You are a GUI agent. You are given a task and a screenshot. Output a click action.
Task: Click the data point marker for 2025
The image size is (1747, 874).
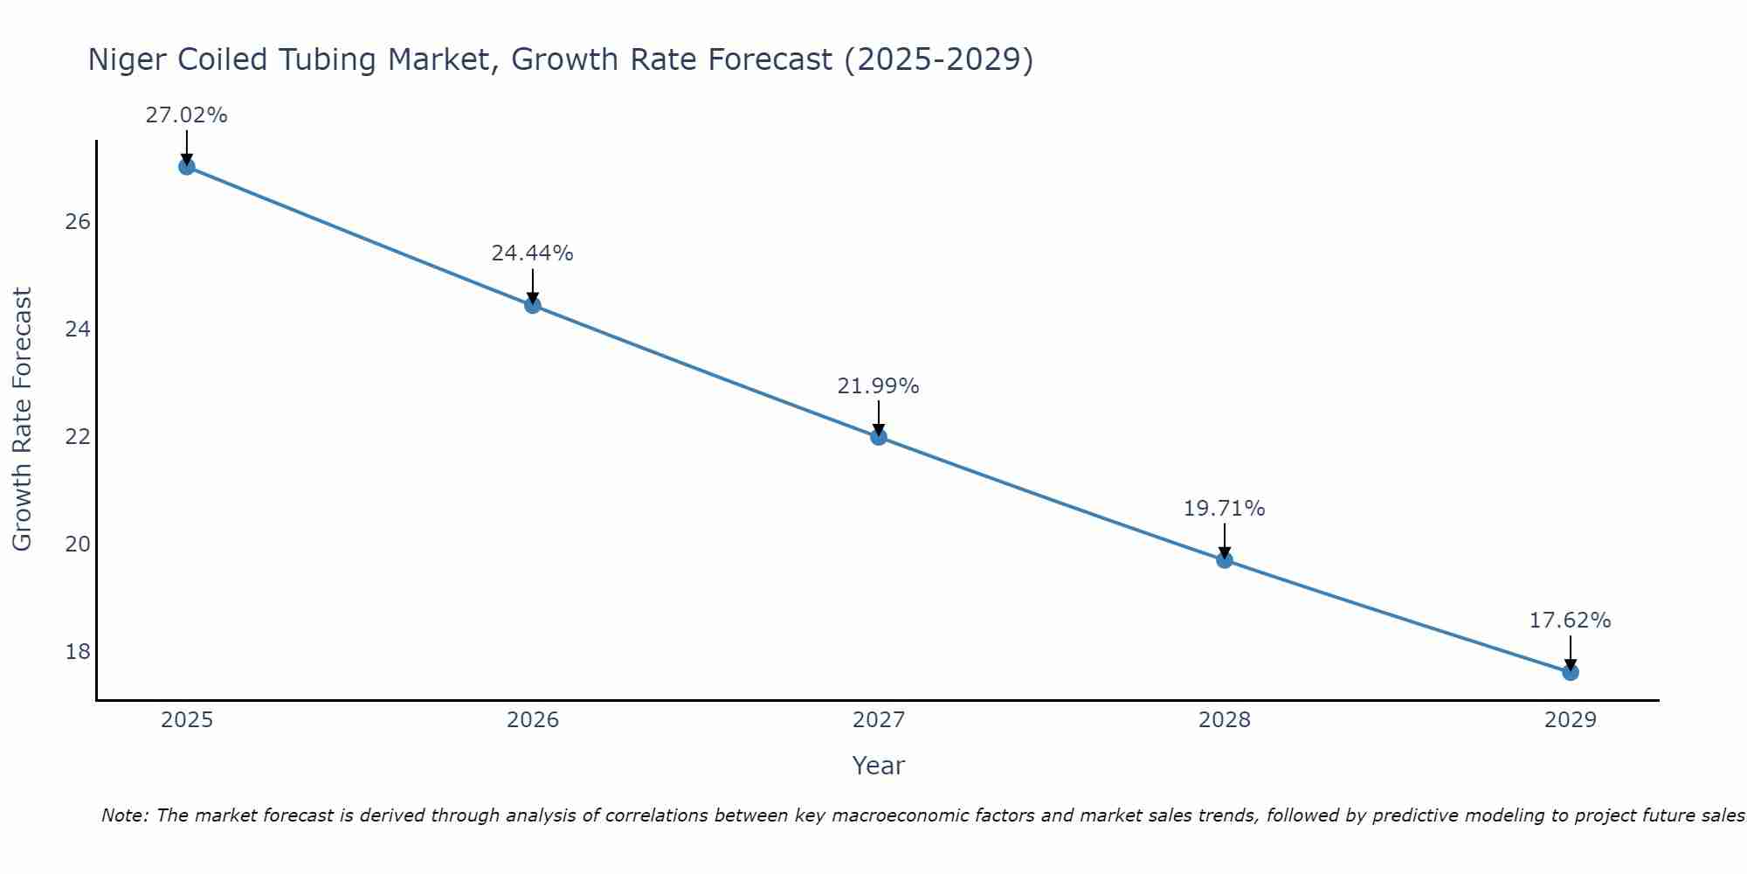point(186,166)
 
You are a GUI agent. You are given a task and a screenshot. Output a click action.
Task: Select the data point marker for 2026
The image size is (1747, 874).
point(533,305)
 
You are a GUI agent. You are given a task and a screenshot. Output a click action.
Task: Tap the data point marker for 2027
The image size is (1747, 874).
point(879,437)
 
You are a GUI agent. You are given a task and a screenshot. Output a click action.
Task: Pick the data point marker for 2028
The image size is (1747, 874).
point(1225,559)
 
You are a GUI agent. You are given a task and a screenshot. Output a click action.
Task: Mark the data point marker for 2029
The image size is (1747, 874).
point(1571,672)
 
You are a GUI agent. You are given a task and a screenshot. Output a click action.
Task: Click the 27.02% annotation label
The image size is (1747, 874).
point(186,115)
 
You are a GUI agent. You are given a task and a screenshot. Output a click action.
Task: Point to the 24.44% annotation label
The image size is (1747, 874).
point(532,253)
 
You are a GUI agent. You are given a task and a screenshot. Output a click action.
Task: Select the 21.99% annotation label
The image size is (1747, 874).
point(878,386)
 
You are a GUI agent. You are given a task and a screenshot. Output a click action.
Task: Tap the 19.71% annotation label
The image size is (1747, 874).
point(1224,509)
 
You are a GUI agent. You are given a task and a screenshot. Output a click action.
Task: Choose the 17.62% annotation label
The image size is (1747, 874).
point(1570,621)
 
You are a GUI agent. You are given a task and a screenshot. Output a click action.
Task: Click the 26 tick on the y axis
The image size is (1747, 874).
point(78,222)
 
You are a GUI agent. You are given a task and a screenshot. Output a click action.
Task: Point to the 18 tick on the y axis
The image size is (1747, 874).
point(78,652)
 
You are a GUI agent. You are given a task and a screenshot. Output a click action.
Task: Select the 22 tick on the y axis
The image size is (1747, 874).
point(78,437)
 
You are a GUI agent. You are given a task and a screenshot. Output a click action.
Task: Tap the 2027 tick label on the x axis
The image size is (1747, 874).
point(879,720)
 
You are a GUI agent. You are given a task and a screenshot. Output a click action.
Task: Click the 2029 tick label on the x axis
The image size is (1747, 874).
point(1571,720)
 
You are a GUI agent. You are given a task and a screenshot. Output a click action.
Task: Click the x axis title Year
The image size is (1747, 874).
point(878,766)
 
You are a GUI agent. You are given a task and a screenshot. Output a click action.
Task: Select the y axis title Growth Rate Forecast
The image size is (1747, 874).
point(22,420)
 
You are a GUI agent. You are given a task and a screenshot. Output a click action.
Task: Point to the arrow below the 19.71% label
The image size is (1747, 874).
point(1225,540)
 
